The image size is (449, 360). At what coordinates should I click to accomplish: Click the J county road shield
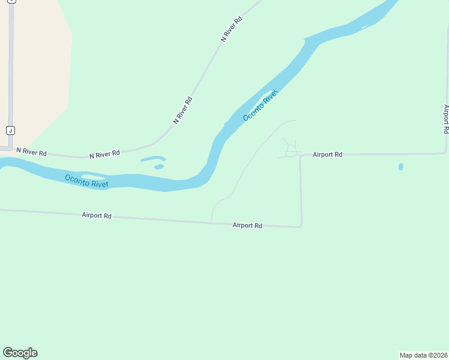pyautogui.click(x=10, y=130)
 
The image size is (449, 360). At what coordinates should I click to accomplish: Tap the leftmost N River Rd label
pyautogui.click(x=31, y=152)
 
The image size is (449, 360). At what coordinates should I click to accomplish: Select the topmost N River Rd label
pyautogui.click(x=232, y=28)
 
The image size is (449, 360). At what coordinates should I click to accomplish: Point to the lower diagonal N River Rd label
pyautogui.click(x=182, y=110)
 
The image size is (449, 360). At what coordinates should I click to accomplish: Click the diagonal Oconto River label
pyautogui.click(x=261, y=105)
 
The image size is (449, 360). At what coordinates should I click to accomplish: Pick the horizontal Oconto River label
pyautogui.click(x=86, y=181)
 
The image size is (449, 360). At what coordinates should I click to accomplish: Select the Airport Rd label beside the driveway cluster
pyautogui.click(x=327, y=154)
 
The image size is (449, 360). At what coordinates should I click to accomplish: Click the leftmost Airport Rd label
pyautogui.click(x=97, y=215)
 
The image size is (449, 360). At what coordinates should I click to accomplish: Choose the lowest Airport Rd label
pyautogui.click(x=247, y=226)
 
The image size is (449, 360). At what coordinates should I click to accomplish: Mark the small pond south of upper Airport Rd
pyautogui.click(x=401, y=167)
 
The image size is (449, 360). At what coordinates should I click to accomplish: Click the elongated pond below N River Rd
pyautogui.click(x=152, y=159)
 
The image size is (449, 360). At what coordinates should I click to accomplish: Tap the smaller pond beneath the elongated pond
pyautogui.click(x=158, y=167)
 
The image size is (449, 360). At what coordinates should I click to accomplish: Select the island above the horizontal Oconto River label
pyautogui.click(x=94, y=176)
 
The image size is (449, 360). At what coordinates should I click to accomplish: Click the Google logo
pyautogui.click(x=20, y=353)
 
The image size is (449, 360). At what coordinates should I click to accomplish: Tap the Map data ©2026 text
pyautogui.click(x=424, y=355)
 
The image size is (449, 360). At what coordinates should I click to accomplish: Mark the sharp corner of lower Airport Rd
pyautogui.click(x=300, y=226)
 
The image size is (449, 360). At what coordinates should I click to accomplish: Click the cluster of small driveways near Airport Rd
pyautogui.click(x=291, y=149)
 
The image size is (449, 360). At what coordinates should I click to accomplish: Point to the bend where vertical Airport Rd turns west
pyautogui.click(x=445, y=152)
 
